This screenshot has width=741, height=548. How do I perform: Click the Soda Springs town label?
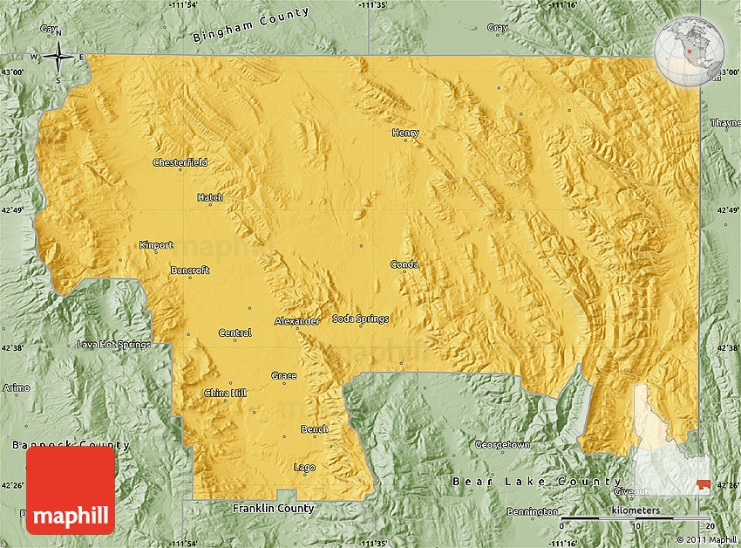click(x=360, y=319)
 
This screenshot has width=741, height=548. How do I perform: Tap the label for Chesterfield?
click(x=180, y=162)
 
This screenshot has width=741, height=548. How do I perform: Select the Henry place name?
click(x=405, y=134)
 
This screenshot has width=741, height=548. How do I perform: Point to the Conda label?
click(x=404, y=264)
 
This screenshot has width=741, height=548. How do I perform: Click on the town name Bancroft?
click(x=189, y=271)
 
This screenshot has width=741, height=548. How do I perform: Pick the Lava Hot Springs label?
click(x=113, y=345)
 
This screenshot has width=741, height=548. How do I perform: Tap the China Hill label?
click(x=225, y=393)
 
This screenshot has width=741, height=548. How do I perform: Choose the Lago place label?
click(x=304, y=468)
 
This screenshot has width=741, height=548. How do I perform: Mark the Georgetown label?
click(x=502, y=445)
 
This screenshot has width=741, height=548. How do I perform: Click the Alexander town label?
click(x=297, y=321)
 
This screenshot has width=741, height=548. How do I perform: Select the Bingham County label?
click(x=250, y=26)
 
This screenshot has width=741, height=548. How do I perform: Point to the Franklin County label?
click(x=273, y=508)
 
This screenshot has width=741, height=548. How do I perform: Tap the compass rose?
click(x=58, y=57)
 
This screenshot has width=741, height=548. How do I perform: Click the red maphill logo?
click(x=71, y=490)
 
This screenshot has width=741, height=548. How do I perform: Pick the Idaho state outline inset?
click(x=671, y=441)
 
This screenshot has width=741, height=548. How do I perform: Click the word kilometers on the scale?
click(x=636, y=510)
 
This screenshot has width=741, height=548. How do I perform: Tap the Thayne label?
click(x=724, y=123)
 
